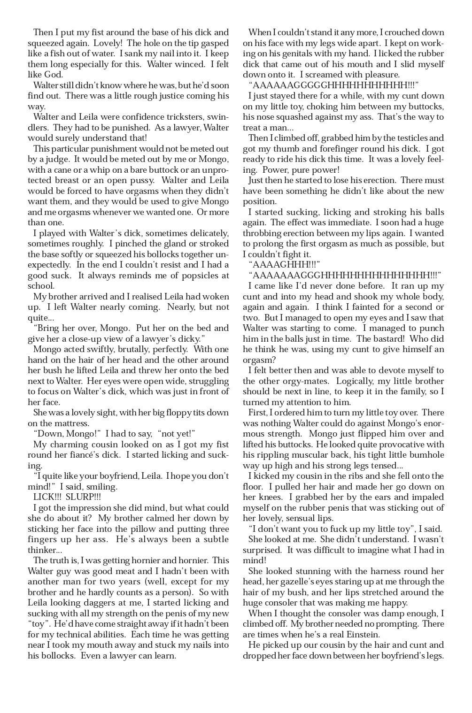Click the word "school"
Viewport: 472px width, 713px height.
(40, 286)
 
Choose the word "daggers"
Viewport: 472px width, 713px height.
(110, 603)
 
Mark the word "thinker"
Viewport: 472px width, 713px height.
(41, 550)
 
